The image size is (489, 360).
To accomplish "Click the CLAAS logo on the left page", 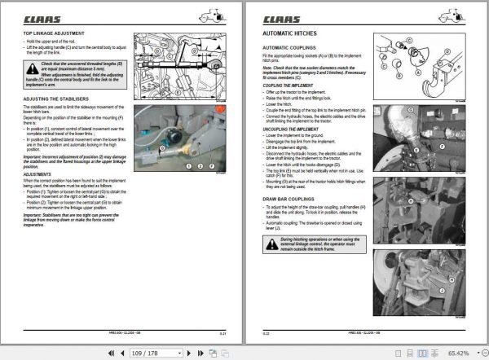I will [41, 17].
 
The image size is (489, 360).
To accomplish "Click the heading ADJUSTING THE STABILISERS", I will [56, 97].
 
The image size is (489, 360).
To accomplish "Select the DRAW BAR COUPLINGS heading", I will [289, 198].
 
